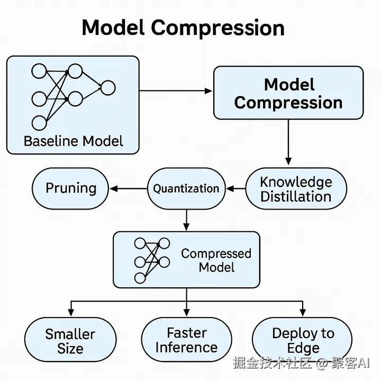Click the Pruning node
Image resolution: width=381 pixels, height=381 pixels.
point(70,188)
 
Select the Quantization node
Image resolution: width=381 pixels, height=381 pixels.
point(186,188)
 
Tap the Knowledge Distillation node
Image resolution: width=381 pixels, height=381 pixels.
point(296,188)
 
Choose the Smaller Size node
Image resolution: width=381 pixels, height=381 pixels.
point(70,340)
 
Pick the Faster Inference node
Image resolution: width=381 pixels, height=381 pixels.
point(187,340)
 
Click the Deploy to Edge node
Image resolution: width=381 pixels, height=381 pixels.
point(302,340)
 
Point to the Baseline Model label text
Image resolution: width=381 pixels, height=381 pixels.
point(74,141)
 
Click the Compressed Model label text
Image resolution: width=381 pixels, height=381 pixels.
point(216,260)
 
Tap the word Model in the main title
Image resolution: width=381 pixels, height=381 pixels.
point(113,28)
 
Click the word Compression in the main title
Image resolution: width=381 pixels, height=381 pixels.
point(217,29)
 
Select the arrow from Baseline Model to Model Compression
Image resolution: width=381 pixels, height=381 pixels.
point(176,91)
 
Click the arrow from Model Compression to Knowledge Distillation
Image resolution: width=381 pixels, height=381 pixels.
point(288,142)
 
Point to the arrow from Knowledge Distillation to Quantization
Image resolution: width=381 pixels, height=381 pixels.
point(235,188)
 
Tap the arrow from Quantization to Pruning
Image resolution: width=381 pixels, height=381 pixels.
point(128,188)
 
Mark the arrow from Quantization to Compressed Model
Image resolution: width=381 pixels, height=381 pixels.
point(186,220)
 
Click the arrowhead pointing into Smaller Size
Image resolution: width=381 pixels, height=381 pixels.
point(71,313)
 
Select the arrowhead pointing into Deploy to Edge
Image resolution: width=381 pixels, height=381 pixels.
point(303,313)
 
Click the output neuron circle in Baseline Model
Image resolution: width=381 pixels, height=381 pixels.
point(108,88)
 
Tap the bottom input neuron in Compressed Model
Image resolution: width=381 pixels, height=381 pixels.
point(140,278)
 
